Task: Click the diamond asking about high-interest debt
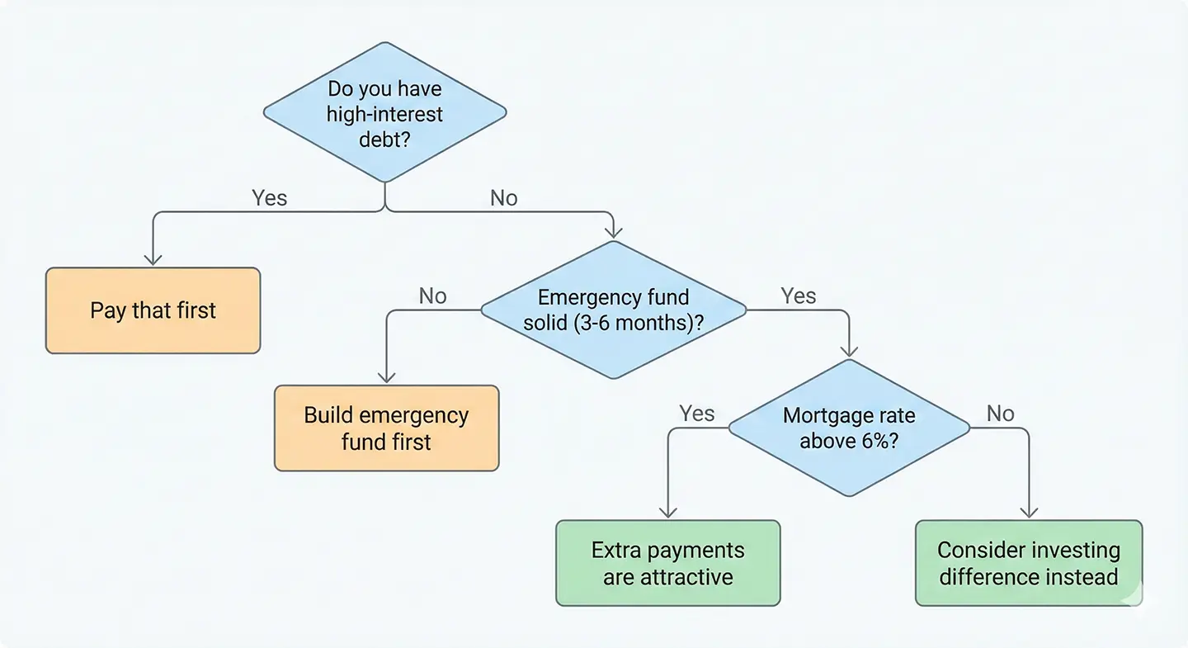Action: tap(384, 113)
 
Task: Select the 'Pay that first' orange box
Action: tap(153, 310)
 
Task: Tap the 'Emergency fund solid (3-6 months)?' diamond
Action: tap(613, 310)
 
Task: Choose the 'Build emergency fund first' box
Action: tap(386, 428)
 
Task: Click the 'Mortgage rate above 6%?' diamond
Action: tap(849, 428)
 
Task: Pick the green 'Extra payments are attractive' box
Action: tap(667, 563)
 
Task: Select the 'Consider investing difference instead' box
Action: tap(1029, 563)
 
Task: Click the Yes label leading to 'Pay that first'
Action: tap(269, 198)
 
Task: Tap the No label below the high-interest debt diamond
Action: tap(503, 198)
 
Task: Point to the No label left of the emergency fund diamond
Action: tap(432, 296)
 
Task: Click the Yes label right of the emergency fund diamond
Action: tap(798, 296)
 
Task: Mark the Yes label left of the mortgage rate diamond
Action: tap(696, 414)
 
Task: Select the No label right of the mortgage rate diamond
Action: tap(1000, 414)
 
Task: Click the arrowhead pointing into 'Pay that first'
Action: tap(153, 260)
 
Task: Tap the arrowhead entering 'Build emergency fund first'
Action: tap(386, 378)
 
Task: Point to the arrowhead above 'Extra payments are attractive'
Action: tap(667, 513)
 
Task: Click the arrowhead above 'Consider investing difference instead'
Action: tap(1029, 513)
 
